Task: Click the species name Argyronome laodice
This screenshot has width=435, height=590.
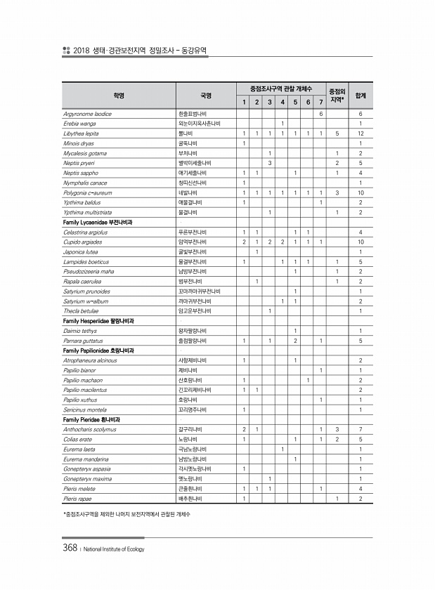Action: pyautogui.click(x=87, y=113)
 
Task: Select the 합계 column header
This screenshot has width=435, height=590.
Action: pyautogui.click(x=360, y=94)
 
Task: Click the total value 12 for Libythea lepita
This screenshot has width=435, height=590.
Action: pyautogui.click(x=360, y=133)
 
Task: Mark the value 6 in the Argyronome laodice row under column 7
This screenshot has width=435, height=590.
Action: pyautogui.click(x=320, y=113)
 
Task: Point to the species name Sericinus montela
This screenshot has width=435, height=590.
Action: pyautogui.click(x=87, y=409)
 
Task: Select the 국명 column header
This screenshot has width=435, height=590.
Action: pyautogui.click(x=205, y=94)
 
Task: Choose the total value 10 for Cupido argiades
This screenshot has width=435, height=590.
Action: pyautogui.click(x=360, y=242)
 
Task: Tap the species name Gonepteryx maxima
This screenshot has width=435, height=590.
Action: pyautogui.click(x=89, y=478)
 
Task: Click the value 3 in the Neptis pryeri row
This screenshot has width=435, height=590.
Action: pyautogui.click(x=270, y=162)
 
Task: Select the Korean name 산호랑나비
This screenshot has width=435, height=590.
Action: pyautogui.click(x=190, y=379)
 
